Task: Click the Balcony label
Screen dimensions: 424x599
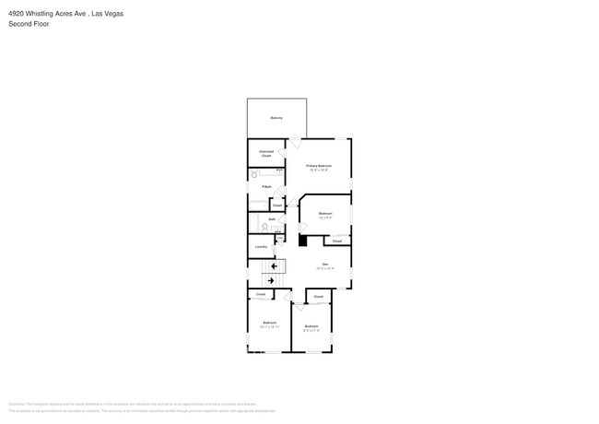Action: pyautogui.click(x=276, y=118)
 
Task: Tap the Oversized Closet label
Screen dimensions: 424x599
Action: pyautogui.click(x=265, y=153)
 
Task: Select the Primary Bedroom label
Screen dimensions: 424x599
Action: pyautogui.click(x=319, y=165)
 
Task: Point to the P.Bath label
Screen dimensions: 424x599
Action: pyautogui.click(x=266, y=187)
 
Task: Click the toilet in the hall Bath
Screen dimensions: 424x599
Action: pyautogui.click(x=264, y=227)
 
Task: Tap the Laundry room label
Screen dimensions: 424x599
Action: pyautogui.click(x=261, y=247)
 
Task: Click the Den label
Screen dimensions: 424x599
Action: pyautogui.click(x=324, y=265)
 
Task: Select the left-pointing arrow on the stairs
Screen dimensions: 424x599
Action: pyautogui.click(x=274, y=267)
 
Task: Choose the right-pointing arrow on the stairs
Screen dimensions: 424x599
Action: pyautogui.click(x=271, y=280)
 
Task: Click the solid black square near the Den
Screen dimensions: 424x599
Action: pyautogui.click(x=301, y=240)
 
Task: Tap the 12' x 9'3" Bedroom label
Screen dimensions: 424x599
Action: pyautogui.click(x=325, y=214)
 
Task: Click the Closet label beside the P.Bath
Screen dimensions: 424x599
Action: pyautogui.click(x=276, y=205)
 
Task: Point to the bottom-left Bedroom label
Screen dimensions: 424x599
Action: pyautogui.click(x=269, y=323)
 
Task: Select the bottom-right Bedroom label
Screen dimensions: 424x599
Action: pyautogui.click(x=311, y=326)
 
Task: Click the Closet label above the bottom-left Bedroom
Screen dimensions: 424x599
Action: pyautogui.click(x=261, y=294)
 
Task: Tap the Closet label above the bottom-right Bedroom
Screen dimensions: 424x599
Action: pyautogui.click(x=318, y=297)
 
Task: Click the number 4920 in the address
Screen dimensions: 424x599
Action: pyautogui.click(x=16, y=14)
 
